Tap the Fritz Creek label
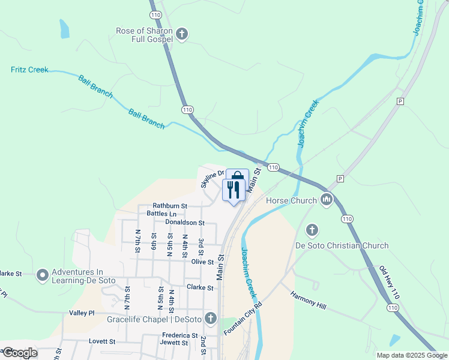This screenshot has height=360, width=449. (x=29, y=70)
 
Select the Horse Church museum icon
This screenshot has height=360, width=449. (x=326, y=199)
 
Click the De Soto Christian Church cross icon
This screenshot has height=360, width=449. (x=312, y=230)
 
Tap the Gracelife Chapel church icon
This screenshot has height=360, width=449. (x=210, y=318)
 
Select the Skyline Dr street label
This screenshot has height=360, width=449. (x=212, y=178)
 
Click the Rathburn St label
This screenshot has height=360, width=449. (x=170, y=206)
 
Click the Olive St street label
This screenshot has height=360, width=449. (x=202, y=262)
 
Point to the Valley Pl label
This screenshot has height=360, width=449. (x=82, y=313)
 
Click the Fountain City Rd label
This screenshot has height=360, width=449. (x=243, y=319)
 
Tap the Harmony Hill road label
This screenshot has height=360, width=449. (x=308, y=301)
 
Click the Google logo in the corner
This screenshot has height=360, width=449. (x=19, y=352)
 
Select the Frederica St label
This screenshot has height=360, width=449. (x=179, y=335)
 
